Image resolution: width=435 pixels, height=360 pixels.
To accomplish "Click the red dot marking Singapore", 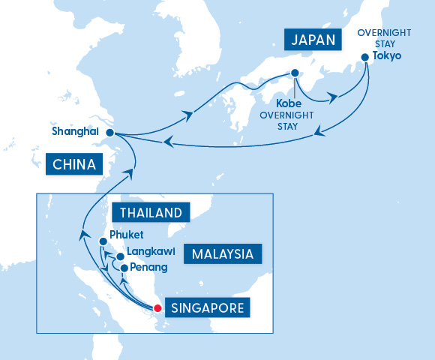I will click(x=157, y=307).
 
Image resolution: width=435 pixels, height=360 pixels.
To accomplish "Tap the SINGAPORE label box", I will click(x=206, y=307).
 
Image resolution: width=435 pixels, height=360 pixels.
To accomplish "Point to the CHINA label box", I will click(x=73, y=164).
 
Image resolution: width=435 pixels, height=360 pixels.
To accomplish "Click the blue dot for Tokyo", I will click(x=364, y=56).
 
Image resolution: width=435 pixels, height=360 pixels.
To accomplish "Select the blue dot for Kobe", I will click(x=294, y=73).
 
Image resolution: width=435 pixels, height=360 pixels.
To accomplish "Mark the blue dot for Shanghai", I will click(x=109, y=133).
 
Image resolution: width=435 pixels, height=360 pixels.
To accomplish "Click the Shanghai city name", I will click(x=76, y=132).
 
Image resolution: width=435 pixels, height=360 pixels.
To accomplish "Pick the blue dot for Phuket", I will click(x=103, y=241).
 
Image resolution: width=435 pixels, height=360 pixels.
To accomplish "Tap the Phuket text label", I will click(x=126, y=235).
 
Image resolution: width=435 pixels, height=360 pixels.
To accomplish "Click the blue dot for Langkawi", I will click(x=120, y=256).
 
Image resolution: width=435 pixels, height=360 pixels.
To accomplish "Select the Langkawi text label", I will click(x=151, y=252).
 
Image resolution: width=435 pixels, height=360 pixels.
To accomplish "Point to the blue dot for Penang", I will click(x=124, y=267).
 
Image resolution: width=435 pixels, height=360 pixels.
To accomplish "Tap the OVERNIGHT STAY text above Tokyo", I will click(x=382, y=38).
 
